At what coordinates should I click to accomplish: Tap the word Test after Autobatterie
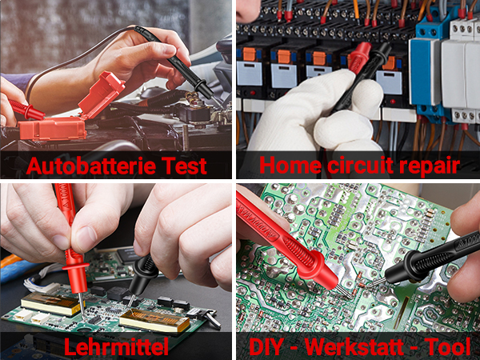pyautogui.click(x=184, y=166)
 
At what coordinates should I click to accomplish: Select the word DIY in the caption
pyautogui.click(x=266, y=346)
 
